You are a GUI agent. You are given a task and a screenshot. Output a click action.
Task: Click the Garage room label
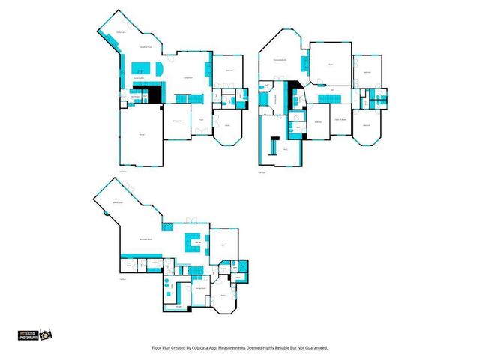tap(142, 134)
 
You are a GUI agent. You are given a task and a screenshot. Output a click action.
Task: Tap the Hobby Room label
tap(120, 32)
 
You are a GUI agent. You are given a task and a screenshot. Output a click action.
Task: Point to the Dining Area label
tap(178, 119)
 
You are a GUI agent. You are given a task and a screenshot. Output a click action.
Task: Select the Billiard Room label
tap(118, 203)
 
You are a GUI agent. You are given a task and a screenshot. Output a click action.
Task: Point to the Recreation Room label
tap(146, 238)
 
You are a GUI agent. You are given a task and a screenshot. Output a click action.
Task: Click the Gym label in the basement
tap(223, 244)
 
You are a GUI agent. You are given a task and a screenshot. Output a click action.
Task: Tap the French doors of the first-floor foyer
tap(202, 133)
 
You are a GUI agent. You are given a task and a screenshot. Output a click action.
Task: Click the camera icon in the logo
tap(46, 334)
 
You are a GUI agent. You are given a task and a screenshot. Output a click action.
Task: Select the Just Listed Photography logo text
tap(28, 334)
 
